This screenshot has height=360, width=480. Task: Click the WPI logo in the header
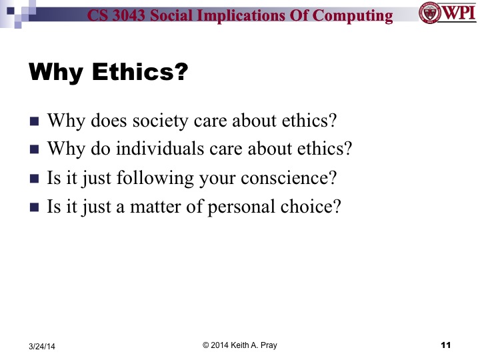click(x=447, y=13)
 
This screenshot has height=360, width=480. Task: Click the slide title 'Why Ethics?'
click(x=106, y=71)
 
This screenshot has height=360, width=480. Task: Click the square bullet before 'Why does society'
click(x=35, y=122)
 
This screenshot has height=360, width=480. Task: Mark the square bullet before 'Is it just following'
click(x=35, y=179)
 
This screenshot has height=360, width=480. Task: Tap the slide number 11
click(x=446, y=345)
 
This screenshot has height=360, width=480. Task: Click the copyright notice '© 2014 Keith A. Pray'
click(x=239, y=345)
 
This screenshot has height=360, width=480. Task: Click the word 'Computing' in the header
click(x=360, y=16)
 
